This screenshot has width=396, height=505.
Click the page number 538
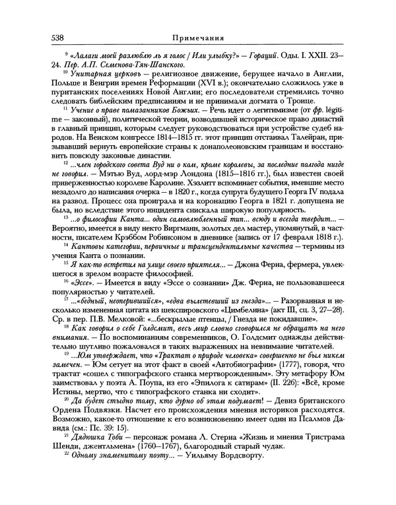[50, 37]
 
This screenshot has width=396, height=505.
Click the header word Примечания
[197, 37]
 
